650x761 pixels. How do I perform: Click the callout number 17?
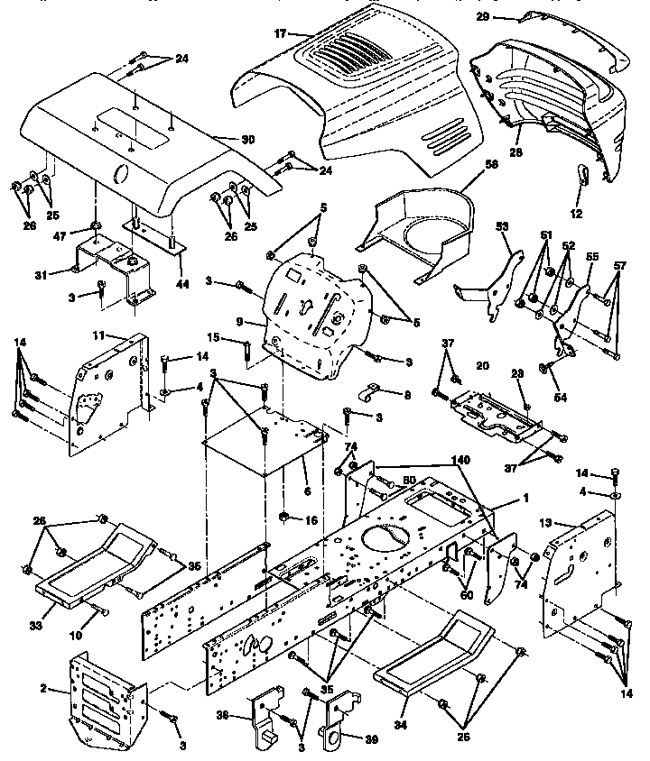click(280, 33)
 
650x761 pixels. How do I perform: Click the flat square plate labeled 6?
click(262, 442)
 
